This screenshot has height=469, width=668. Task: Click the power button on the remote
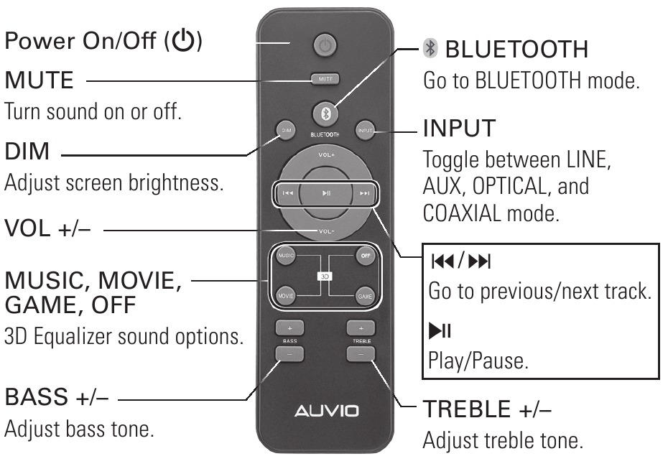point(325,47)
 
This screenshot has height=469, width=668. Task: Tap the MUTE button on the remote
point(325,79)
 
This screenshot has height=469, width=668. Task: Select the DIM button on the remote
point(286,130)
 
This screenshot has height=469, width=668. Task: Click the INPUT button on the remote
point(364,130)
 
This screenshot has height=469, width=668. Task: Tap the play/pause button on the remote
point(325,192)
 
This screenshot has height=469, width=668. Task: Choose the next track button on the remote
point(365,192)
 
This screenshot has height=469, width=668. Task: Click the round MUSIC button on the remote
point(286,255)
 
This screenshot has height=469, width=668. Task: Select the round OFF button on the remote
point(365,255)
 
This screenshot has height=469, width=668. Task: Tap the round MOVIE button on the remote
point(286,295)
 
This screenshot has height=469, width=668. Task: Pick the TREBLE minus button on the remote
point(361,353)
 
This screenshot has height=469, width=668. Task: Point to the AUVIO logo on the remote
point(325,412)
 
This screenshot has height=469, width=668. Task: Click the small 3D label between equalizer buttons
point(325,275)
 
